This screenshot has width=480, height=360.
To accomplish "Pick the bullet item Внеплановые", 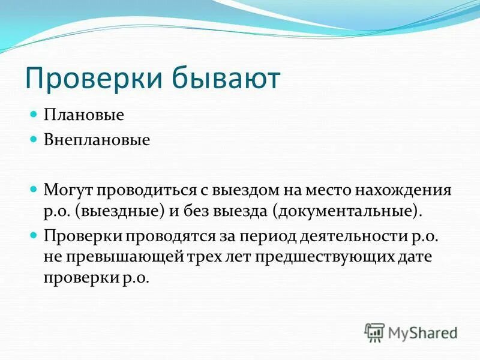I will click(88, 140).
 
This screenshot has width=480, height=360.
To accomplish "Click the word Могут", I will click(65, 190).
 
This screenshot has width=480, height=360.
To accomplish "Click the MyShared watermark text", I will click(423, 332).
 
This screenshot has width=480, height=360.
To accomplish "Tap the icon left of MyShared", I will click(374, 332).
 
